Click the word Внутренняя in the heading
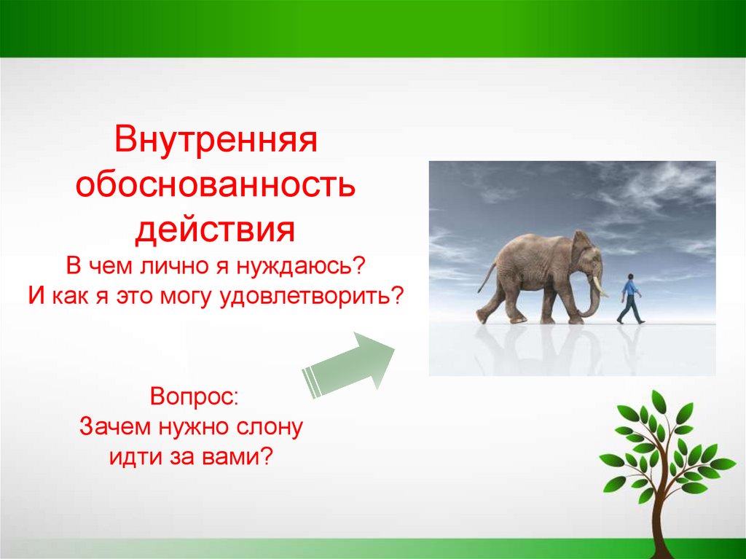click(216, 139)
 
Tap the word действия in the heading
click(215, 230)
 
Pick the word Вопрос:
click(194, 396)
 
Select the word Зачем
click(116, 426)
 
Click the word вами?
click(238, 457)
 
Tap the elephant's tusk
click(599, 286)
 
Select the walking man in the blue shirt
click(630, 299)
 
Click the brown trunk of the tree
click(661, 515)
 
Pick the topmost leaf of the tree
click(659, 402)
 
